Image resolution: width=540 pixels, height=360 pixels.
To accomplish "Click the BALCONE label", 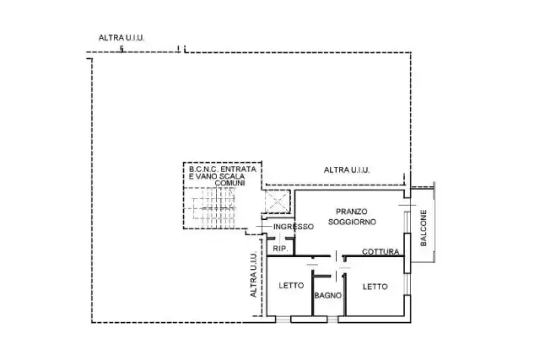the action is pyautogui.click(x=424, y=228).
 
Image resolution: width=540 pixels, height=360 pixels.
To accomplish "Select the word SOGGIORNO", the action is pyautogui.click(x=352, y=222).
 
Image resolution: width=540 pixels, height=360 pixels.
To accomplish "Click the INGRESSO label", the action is pyautogui.click(x=294, y=227).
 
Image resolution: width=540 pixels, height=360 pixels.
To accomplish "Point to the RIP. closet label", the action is pyautogui.click(x=280, y=249).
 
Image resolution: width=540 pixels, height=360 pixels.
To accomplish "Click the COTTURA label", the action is pyautogui.click(x=381, y=251).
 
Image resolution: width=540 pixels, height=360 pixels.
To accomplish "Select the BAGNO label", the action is pyautogui.click(x=328, y=295).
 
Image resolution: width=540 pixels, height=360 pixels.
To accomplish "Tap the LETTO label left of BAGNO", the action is pyautogui.click(x=291, y=285).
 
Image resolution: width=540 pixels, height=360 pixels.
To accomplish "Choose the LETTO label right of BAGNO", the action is pyautogui.click(x=375, y=287).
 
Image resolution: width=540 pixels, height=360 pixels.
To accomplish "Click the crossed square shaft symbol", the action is pyautogui.click(x=278, y=201).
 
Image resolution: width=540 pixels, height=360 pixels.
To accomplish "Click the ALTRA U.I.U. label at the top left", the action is pyautogui.click(x=121, y=38).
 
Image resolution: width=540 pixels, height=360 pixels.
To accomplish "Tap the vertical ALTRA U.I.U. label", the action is pyautogui.click(x=253, y=275).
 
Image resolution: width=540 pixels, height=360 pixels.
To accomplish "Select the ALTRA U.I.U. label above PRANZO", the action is pyautogui.click(x=347, y=169).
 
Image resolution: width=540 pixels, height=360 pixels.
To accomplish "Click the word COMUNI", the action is pyautogui.click(x=229, y=183).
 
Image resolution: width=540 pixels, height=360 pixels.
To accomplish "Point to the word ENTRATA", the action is pyautogui.click(x=238, y=169).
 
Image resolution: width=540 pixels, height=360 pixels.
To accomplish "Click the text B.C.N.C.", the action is pyautogui.click(x=203, y=169).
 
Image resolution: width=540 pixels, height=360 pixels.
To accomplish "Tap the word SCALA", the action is pyautogui.click(x=233, y=176).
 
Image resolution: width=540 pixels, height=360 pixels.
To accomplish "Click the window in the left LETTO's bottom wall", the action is pyautogui.click(x=283, y=320).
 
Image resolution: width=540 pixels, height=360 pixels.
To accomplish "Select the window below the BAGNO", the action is pyautogui.click(x=332, y=320).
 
